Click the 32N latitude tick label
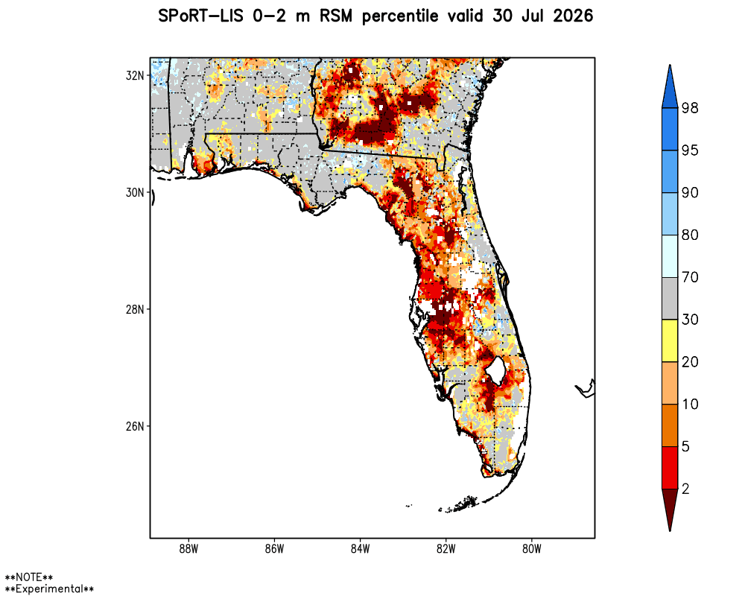[x=134, y=75]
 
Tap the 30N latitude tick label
[x=134, y=192]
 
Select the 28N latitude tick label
[x=134, y=309]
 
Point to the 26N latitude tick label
[x=134, y=426]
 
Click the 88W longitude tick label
[x=188, y=549]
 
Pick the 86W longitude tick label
[x=275, y=549]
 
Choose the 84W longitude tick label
[x=360, y=549]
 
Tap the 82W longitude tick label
[x=446, y=549]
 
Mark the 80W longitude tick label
[x=532, y=549]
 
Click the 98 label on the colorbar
[x=690, y=108]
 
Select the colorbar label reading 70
[x=690, y=277]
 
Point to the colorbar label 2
[x=685, y=489]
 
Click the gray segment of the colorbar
[x=670, y=299]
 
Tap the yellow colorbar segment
[x=670, y=340]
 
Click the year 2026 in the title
[x=573, y=16]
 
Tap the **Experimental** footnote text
[x=49, y=589]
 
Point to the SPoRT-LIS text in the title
[x=200, y=16]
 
